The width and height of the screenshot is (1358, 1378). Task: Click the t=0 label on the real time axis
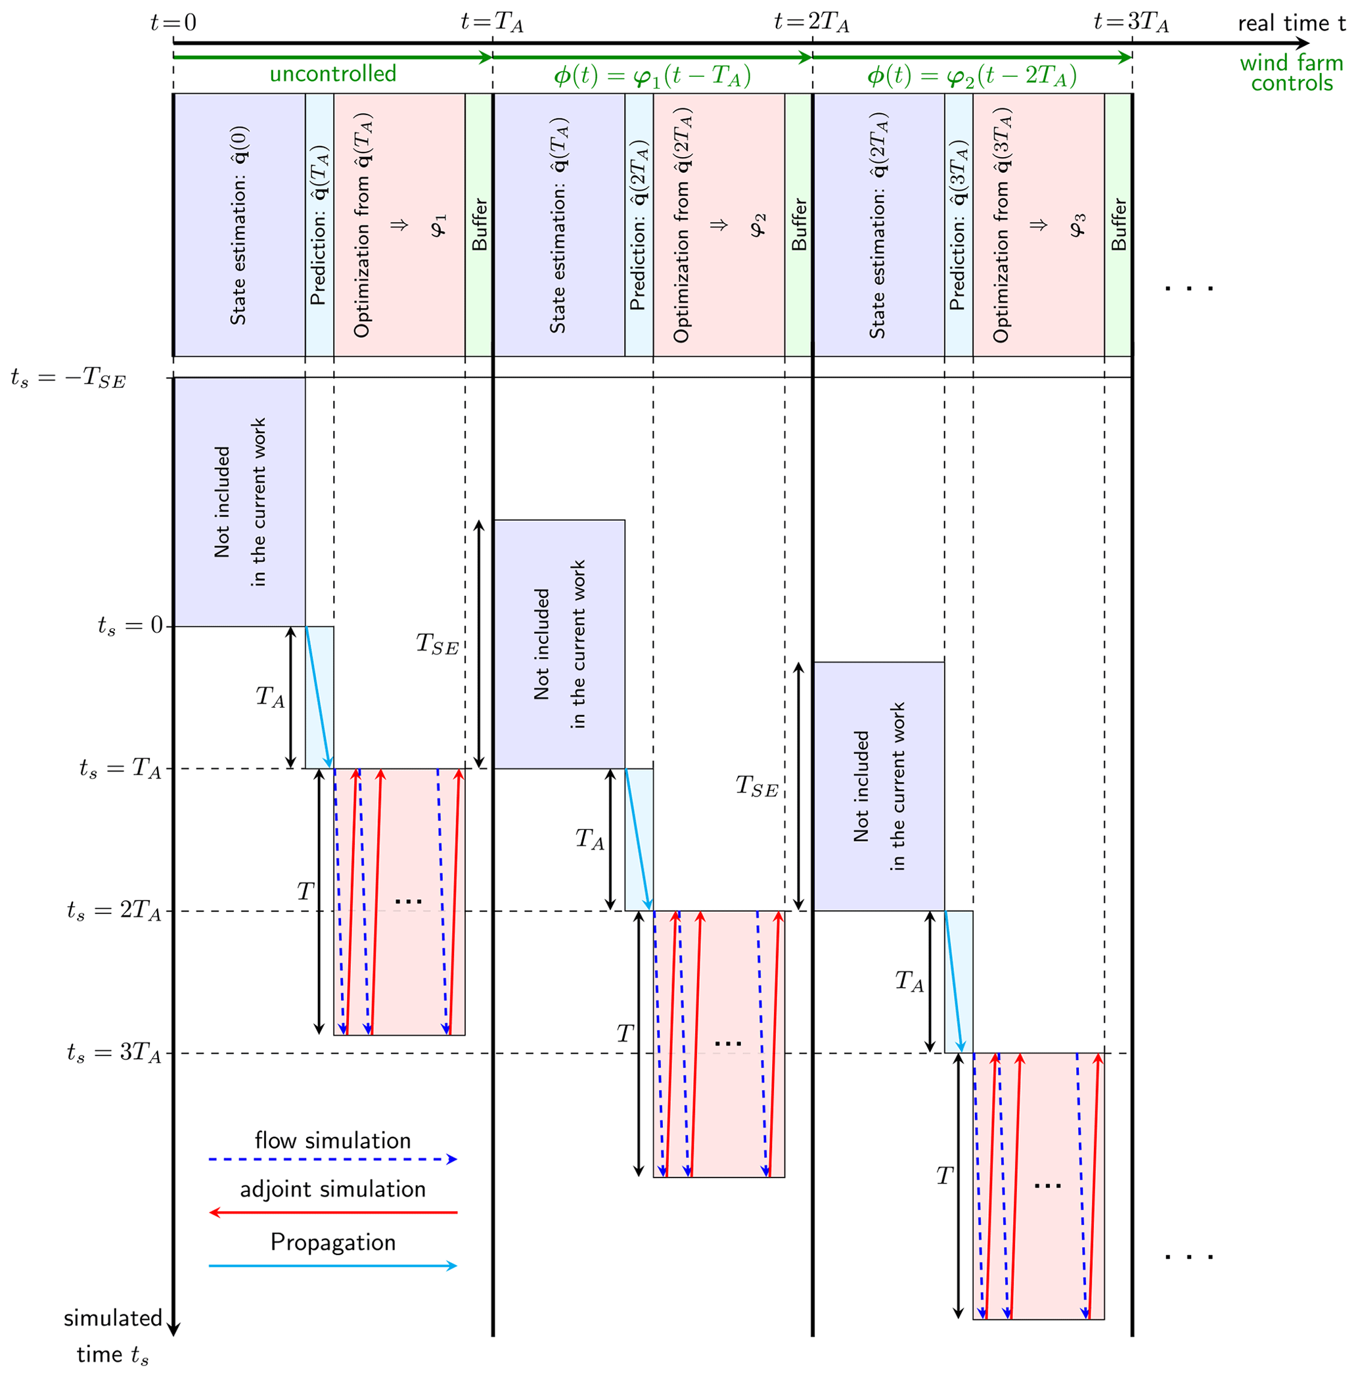click(173, 23)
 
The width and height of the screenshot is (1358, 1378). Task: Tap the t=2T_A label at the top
click(811, 23)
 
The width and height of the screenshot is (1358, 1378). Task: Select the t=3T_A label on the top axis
click(1131, 23)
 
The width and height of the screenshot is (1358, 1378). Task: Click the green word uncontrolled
click(332, 74)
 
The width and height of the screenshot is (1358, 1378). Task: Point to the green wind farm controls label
click(1291, 73)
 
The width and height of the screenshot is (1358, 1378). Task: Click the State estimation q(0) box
click(240, 225)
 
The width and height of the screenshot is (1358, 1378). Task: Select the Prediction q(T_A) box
click(319, 225)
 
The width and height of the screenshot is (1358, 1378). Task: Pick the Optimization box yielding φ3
click(1039, 225)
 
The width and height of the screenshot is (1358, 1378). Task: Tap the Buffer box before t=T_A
click(478, 225)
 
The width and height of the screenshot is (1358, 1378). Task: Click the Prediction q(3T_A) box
click(959, 225)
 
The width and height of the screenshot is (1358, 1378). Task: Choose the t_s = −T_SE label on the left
click(68, 377)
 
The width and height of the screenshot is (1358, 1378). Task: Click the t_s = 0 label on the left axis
click(131, 626)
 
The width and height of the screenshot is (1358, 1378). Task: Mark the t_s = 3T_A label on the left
click(114, 1053)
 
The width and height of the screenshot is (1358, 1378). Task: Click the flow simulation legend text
click(332, 1141)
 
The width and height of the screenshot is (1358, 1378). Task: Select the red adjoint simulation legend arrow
click(332, 1212)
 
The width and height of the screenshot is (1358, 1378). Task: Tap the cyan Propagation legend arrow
click(332, 1266)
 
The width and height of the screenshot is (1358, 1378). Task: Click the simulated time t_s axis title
click(113, 1335)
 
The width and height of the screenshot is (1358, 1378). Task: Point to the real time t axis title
click(1291, 23)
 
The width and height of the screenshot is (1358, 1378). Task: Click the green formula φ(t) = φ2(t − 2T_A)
click(972, 76)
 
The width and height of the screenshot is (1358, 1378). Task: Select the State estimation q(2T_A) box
click(878, 225)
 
